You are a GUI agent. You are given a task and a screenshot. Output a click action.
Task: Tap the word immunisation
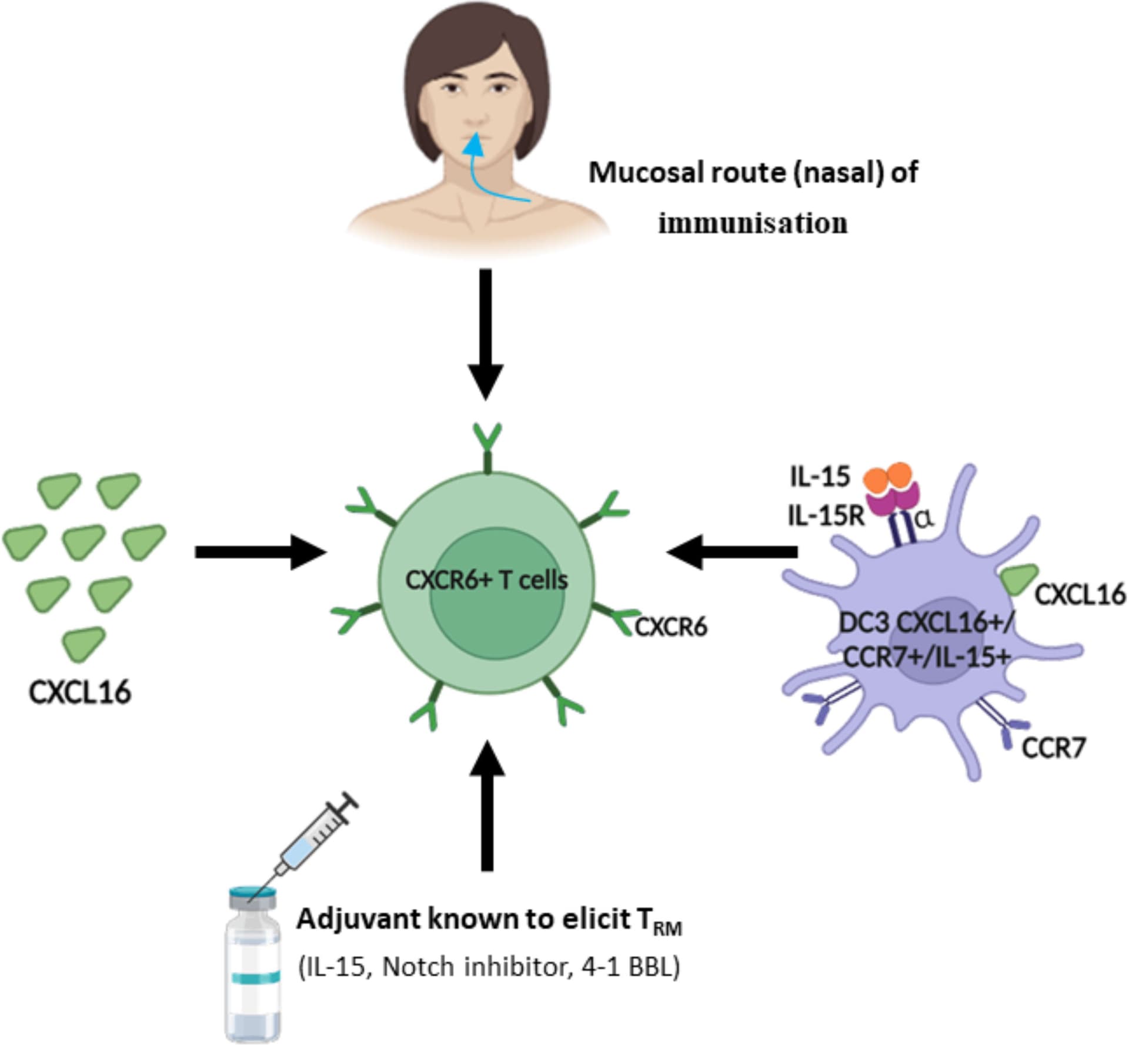tap(753, 224)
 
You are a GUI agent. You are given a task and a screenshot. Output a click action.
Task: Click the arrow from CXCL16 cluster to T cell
tap(259, 552)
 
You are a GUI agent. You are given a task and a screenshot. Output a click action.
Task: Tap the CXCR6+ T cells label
tap(486, 581)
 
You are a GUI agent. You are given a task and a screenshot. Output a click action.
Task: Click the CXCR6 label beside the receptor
tap(671, 628)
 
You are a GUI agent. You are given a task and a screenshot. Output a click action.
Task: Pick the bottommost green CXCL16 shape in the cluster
tap(85, 643)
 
